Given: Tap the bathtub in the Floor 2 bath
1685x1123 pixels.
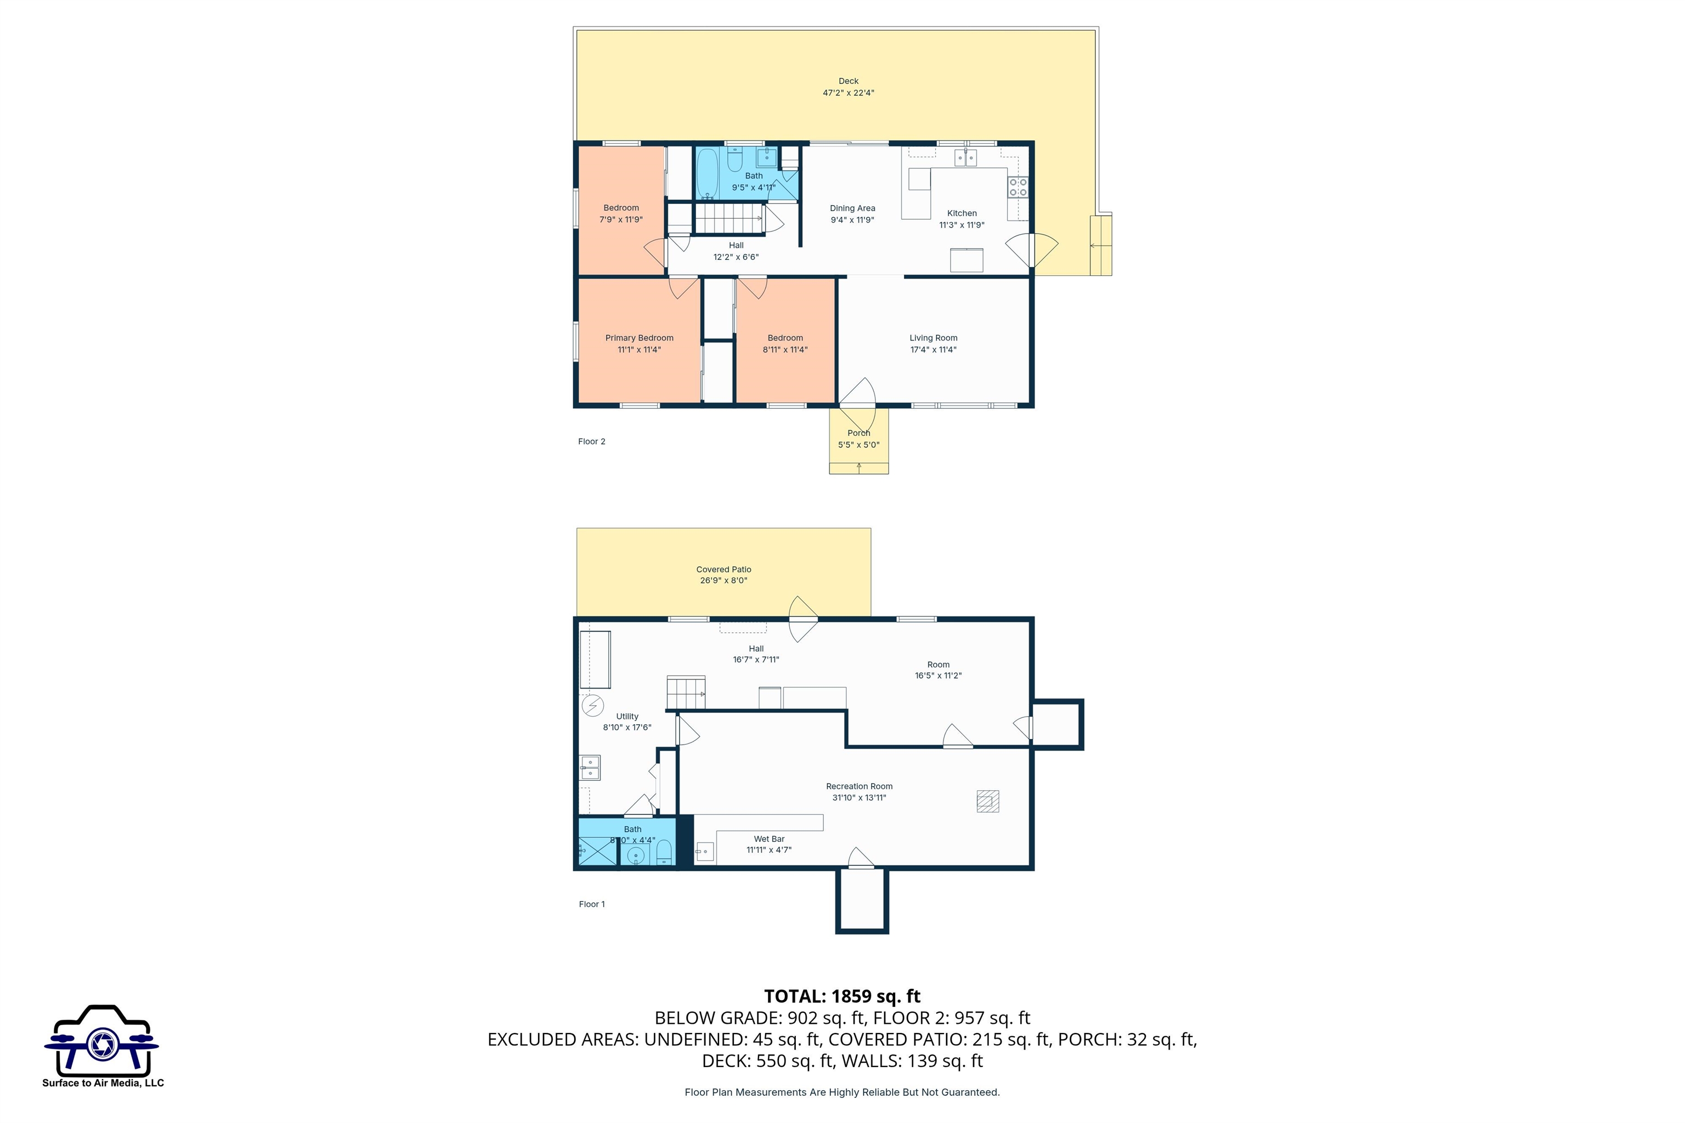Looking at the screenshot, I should click(x=708, y=173).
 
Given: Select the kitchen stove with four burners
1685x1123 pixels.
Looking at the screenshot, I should click(x=1018, y=188).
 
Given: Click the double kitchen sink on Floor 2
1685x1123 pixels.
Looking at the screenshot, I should click(x=965, y=157).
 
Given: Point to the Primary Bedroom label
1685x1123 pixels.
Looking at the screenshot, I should click(x=639, y=338).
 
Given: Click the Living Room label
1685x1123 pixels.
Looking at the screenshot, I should click(x=933, y=338).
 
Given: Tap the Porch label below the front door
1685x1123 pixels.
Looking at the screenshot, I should click(x=858, y=433).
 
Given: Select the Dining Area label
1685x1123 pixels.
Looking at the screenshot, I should click(x=852, y=208).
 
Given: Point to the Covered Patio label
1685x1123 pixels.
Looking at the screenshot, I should click(x=723, y=569).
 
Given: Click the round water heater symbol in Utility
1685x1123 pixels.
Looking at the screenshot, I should click(x=592, y=706).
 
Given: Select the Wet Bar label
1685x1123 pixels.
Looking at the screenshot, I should click(x=768, y=838).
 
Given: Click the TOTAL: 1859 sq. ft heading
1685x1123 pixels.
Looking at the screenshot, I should click(x=842, y=996).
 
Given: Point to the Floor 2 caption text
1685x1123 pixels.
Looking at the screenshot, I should click(x=591, y=442).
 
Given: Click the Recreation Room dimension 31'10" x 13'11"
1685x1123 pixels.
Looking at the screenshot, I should click(x=859, y=798).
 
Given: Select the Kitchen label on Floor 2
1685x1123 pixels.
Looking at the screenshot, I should click(x=962, y=213).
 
